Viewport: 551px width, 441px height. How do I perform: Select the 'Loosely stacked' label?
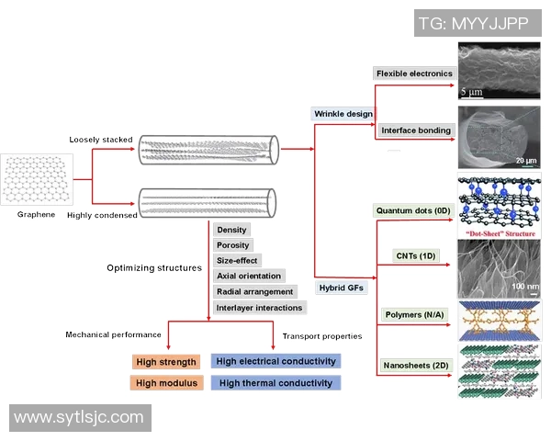click(101, 141)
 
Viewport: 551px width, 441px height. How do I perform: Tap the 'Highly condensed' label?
click(102, 215)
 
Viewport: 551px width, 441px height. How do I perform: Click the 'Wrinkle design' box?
click(343, 114)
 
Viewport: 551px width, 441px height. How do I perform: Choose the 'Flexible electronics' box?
click(414, 73)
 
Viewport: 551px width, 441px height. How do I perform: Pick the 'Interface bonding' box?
click(416, 130)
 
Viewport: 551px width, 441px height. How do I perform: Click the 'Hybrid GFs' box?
click(343, 288)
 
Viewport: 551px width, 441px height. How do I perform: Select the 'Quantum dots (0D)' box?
click(413, 210)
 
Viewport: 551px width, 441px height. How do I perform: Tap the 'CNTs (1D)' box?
click(413, 255)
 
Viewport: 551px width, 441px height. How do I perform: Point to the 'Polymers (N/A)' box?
click(413, 315)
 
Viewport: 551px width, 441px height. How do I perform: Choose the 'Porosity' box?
click(233, 245)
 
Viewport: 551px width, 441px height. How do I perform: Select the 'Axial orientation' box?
click(249, 276)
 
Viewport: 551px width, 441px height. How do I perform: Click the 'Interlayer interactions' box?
click(258, 307)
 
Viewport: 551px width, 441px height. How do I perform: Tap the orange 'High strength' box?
click(166, 361)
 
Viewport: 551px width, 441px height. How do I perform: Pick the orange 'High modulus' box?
click(166, 383)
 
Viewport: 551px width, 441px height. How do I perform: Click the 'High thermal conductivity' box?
click(275, 383)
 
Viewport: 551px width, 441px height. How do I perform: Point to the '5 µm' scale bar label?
click(471, 92)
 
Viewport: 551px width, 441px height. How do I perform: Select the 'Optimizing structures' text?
click(154, 268)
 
